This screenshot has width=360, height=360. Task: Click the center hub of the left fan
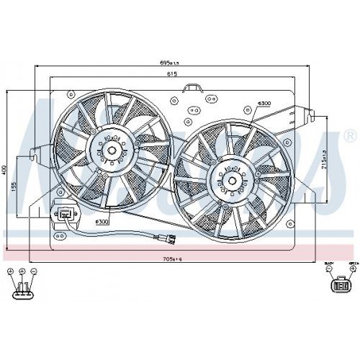point(113,151)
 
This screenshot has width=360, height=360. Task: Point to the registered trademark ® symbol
point(349,136)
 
